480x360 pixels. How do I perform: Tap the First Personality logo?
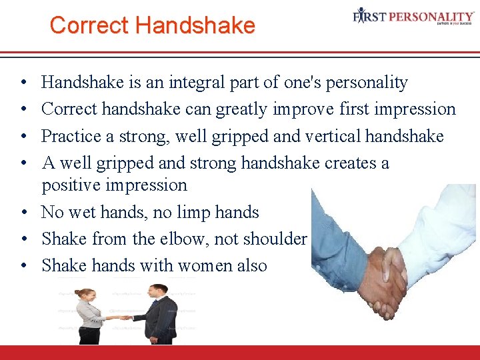pyautogui.click(x=413, y=17)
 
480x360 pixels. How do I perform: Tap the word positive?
pyautogui.click(x=73, y=185)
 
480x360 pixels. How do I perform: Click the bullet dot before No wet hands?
pyautogui.click(x=23, y=213)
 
